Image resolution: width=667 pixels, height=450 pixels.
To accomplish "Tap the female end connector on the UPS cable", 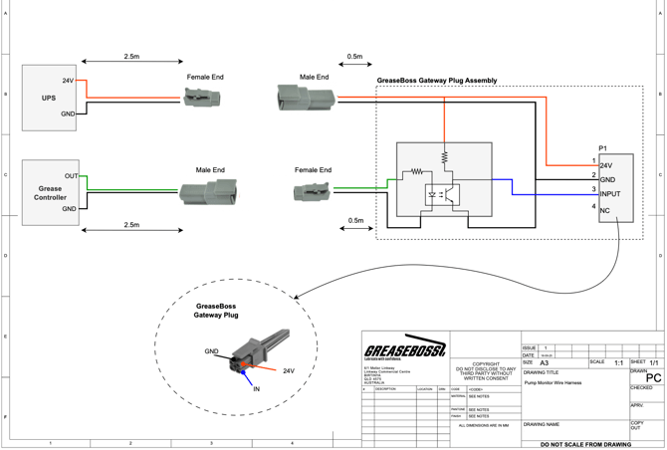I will pos(203,98).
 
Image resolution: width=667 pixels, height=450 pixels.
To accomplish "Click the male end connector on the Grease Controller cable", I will pos(209,192).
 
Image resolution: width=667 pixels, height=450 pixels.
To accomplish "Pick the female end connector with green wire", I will pos(313,189).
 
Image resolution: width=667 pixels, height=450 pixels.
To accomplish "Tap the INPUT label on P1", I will pos(611,193).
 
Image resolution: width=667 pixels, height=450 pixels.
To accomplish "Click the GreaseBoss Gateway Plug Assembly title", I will pos(437,81).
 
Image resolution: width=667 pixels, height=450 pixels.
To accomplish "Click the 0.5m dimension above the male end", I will pos(354,57).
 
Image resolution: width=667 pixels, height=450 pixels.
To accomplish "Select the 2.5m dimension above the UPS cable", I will pos(130,57).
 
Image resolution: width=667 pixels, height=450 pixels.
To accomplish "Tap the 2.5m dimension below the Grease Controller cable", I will pos(130,225).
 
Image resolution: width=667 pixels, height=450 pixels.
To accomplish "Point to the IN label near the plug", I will pos(256,389).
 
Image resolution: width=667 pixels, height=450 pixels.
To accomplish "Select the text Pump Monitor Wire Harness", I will pos(553,382).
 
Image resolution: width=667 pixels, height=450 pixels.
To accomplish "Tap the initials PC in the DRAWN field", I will pos(653,378).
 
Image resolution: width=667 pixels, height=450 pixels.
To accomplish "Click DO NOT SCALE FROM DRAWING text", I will pos(585,444).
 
